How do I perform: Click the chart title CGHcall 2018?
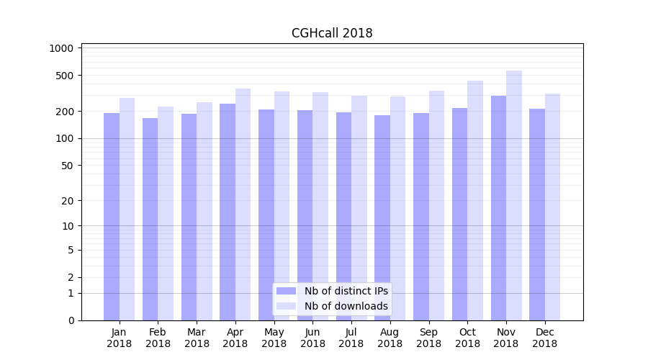click(x=332, y=33)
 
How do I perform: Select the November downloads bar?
click(x=514, y=195)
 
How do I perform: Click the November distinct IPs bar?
click(x=498, y=208)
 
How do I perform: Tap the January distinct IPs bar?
click(x=112, y=217)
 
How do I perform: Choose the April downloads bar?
click(x=243, y=204)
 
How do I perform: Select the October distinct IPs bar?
click(x=459, y=214)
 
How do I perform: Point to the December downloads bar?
click(x=553, y=207)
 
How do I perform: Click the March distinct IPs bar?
click(x=189, y=217)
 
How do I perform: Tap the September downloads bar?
click(x=436, y=205)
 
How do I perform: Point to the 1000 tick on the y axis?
click(x=61, y=48)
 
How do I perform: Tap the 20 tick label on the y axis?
click(x=67, y=201)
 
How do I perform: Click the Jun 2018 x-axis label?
click(x=312, y=338)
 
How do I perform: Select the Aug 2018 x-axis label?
click(x=390, y=338)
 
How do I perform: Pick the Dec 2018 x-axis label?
click(x=544, y=338)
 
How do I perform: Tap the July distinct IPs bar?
click(x=343, y=216)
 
